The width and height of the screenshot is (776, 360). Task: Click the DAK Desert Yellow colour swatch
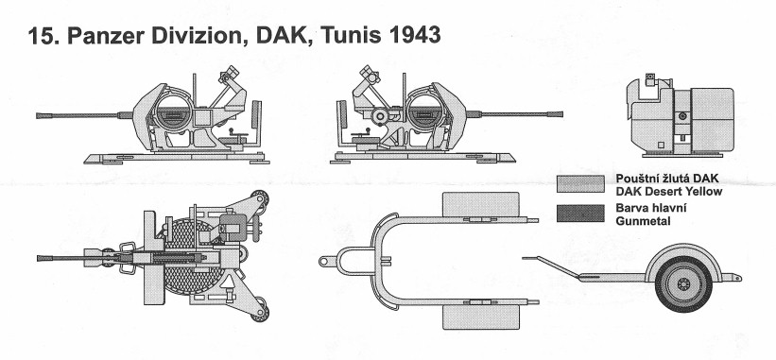coord(580,183)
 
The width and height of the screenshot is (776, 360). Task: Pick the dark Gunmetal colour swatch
coord(580,214)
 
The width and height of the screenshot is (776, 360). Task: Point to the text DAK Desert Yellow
coord(668,192)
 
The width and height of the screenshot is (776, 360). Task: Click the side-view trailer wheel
coord(683,283)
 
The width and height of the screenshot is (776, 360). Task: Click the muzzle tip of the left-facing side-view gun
coord(38,115)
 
